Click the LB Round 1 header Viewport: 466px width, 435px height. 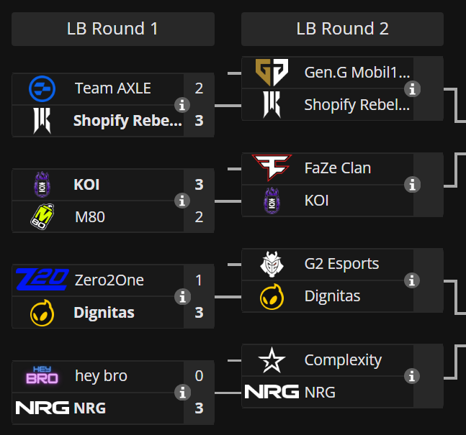pyautogui.click(x=113, y=29)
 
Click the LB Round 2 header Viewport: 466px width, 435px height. pyautogui.click(x=342, y=29)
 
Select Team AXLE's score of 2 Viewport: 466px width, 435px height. pyautogui.click(x=199, y=88)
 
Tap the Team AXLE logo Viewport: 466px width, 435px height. pyautogui.click(x=42, y=88)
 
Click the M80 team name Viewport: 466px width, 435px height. pyautogui.click(x=89, y=216)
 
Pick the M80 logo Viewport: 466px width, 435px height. pyautogui.click(x=42, y=216)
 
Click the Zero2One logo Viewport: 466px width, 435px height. pyautogui.click(x=42, y=280)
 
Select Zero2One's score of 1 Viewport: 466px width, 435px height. pyautogui.click(x=199, y=280)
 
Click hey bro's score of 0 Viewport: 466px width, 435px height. pyautogui.click(x=199, y=376)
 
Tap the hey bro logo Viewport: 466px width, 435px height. pyautogui.click(x=42, y=376)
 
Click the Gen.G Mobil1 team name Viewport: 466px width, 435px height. pyautogui.click(x=357, y=72)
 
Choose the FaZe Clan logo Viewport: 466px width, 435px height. pyautogui.click(x=272, y=168)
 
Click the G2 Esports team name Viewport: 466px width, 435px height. pyautogui.click(x=341, y=264)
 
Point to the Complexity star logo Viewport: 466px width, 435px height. pyautogui.click(x=272, y=360)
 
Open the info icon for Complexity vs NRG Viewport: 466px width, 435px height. pyautogui.click(x=412, y=376)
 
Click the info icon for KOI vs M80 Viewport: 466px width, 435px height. pyautogui.click(x=182, y=201)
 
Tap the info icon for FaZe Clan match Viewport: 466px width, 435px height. pyautogui.click(x=412, y=185)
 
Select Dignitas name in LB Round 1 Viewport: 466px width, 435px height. pyautogui.click(x=104, y=313)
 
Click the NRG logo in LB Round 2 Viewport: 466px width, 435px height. pyautogui.click(x=272, y=392)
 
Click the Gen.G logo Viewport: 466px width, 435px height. pyautogui.click(x=272, y=72)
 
